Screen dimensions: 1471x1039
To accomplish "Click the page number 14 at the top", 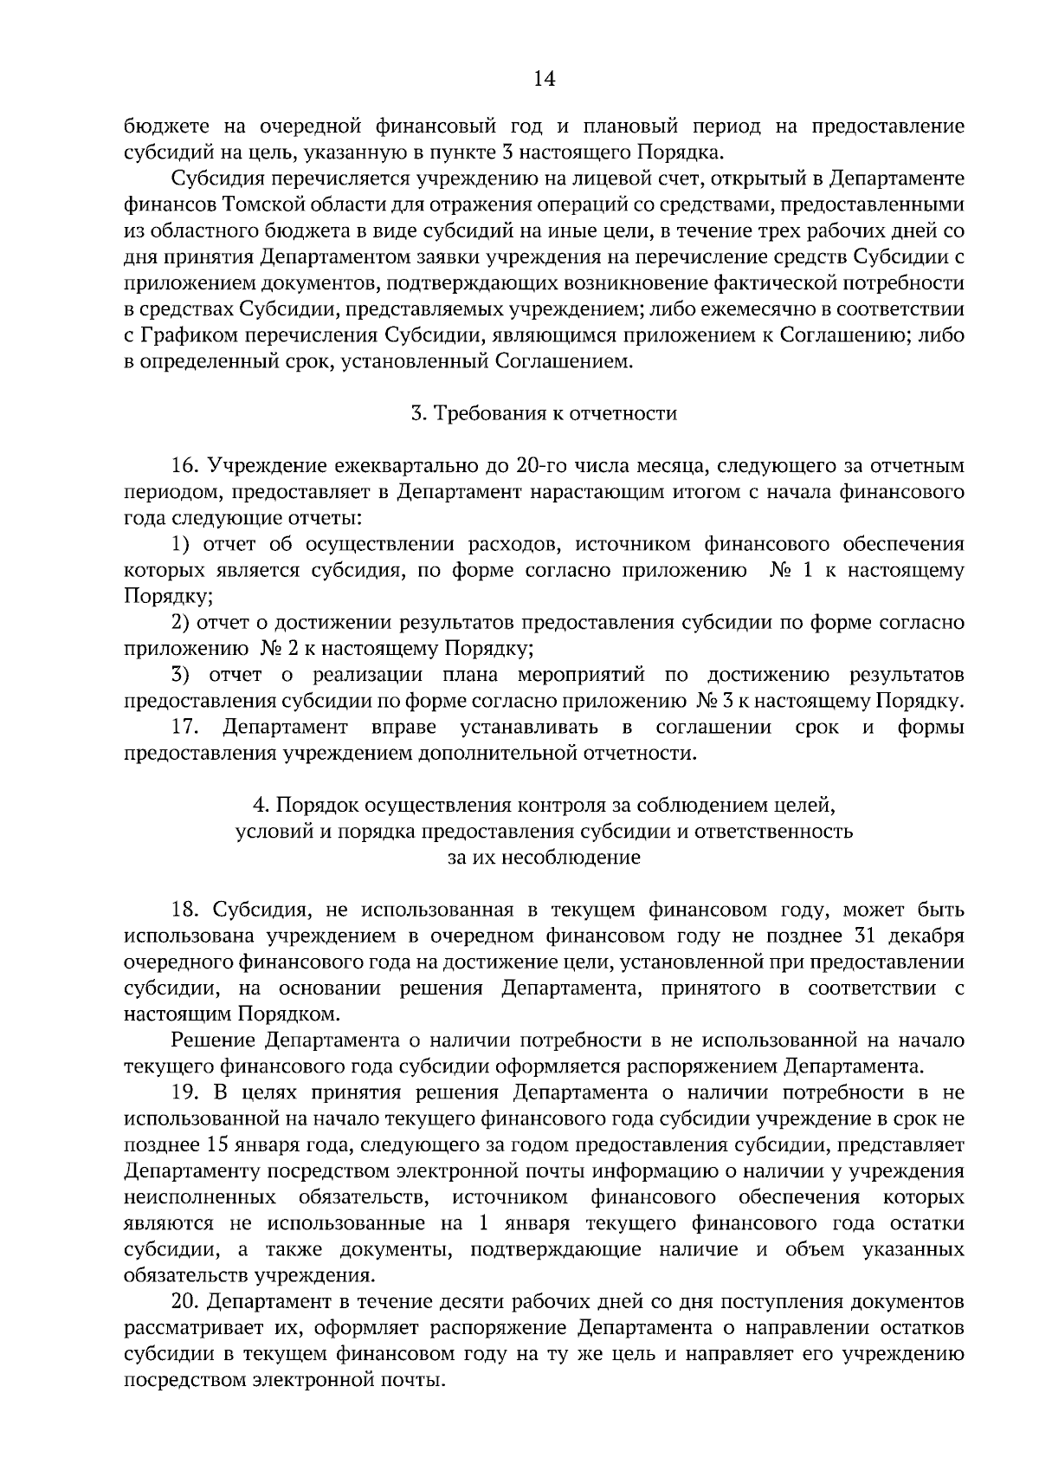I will point(544,79).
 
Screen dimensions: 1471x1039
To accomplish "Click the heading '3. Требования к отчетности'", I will point(543,413).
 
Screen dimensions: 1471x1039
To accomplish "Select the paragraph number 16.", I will point(186,466).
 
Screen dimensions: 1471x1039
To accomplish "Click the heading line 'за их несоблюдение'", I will point(544,858).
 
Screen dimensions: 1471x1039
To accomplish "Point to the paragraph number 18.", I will point(186,910).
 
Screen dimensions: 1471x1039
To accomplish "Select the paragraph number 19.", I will point(186,1093).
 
